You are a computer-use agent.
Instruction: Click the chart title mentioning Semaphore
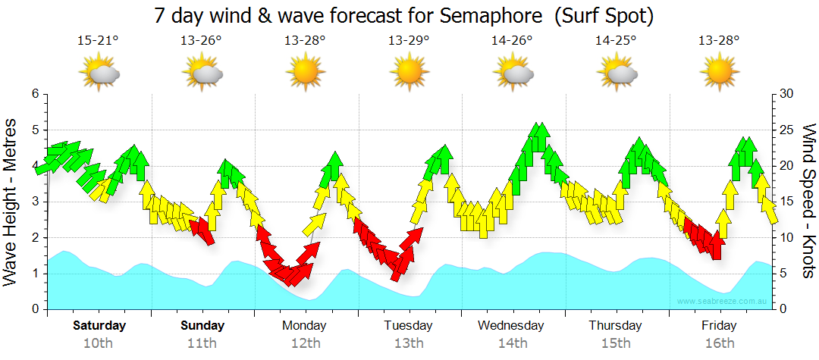click(x=403, y=15)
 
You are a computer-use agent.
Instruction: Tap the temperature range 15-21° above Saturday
click(x=98, y=40)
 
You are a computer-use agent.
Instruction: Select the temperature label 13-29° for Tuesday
click(x=409, y=40)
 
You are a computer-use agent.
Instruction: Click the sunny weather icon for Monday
click(x=305, y=73)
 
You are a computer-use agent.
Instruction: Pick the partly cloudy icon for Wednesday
click(x=513, y=73)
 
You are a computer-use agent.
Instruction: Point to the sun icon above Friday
click(x=719, y=73)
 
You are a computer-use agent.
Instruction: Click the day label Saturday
click(x=99, y=326)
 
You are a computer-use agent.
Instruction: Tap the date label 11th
click(x=202, y=343)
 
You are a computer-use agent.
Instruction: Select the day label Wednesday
click(x=511, y=326)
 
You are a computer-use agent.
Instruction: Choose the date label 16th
click(x=719, y=343)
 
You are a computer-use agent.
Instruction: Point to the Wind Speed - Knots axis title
click(x=808, y=201)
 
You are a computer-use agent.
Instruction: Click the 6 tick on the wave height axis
click(x=34, y=94)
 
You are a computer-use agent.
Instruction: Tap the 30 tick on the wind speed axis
click(x=786, y=94)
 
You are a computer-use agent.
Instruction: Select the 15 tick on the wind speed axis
click(x=786, y=202)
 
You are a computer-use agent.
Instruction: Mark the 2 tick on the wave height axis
click(x=34, y=238)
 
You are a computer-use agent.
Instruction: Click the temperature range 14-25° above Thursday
click(x=616, y=40)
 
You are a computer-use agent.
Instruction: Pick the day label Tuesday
click(x=408, y=326)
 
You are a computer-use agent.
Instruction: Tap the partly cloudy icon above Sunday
click(x=202, y=73)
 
